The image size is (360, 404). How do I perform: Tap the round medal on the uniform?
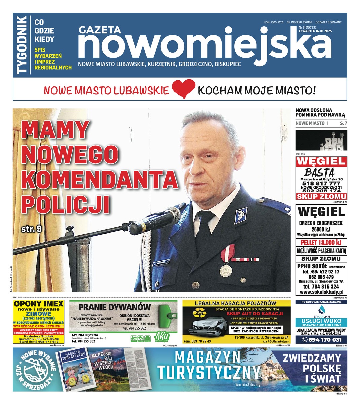[224, 270]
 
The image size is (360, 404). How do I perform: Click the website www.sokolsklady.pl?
[321, 292]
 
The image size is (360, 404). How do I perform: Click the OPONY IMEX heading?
[39, 304]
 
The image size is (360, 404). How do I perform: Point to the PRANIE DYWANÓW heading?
[115, 307]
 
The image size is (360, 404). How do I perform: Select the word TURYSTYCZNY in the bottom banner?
[209, 372]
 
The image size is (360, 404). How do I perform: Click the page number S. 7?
[344, 123]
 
